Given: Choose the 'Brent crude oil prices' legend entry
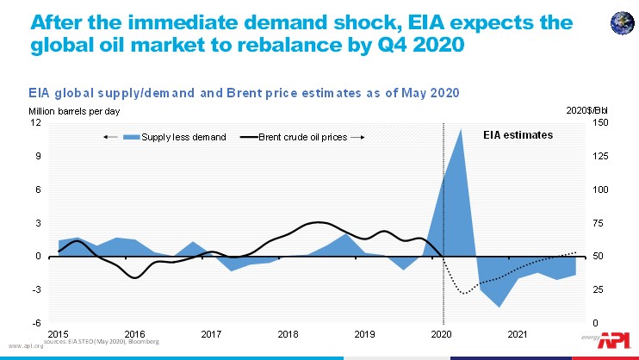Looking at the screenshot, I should click(301, 137).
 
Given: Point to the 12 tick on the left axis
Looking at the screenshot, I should click(36, 122).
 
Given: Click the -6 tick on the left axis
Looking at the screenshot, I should click(35, 322).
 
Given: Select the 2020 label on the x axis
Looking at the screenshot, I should click(442, 333).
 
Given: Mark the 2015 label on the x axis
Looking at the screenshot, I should click(58, 333).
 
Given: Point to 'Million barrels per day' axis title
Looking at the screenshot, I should click(65, 111).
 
